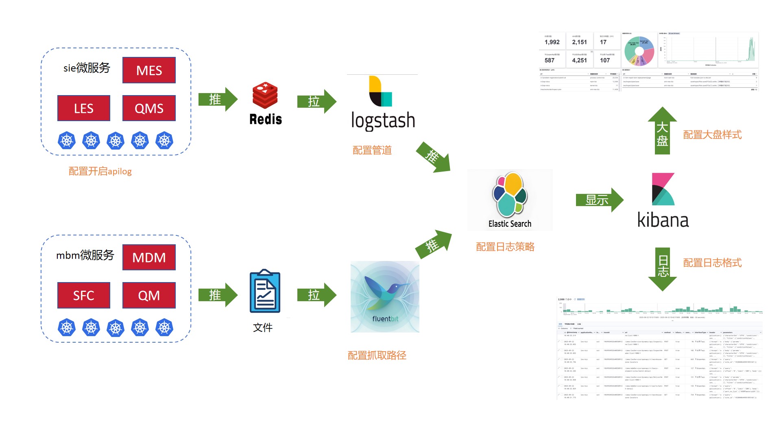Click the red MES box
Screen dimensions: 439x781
tap(149, 70)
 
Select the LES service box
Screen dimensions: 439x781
tap(84, 108)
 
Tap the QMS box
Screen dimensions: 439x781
tap(149, 108)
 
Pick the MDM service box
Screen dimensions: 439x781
tap(149, 257)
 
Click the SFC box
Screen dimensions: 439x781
tap(84, 295)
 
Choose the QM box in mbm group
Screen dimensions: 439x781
tap(149, 295)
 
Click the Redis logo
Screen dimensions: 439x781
tap(265, 96)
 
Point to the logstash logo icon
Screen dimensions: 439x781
tap(380, 91)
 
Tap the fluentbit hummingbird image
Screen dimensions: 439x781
tap(385, 296)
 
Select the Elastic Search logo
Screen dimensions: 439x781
tap(510, 195)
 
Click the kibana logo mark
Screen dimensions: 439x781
tap(663, 189)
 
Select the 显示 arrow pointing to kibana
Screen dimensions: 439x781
tap(599, 200)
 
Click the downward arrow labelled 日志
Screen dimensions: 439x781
tap(663, 268)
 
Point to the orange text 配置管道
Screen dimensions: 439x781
tap(372, 150)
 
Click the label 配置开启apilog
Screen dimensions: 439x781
tap(100, 171)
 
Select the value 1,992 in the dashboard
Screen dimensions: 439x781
tap(552, 42)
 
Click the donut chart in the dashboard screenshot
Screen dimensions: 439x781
tap(639, 51)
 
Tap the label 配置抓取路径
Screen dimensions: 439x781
tap(377, 355)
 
